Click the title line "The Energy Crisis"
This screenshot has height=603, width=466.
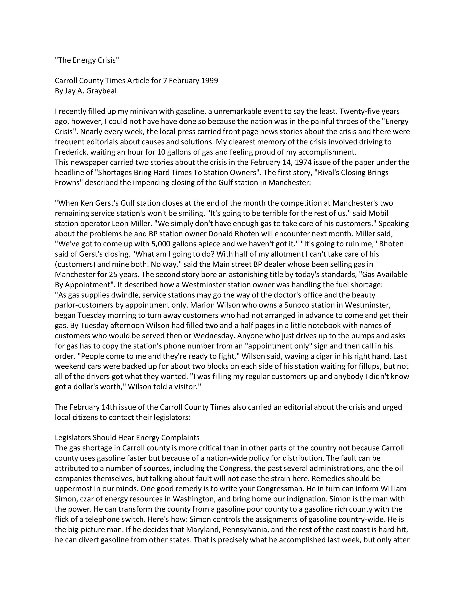click(87, 60)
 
